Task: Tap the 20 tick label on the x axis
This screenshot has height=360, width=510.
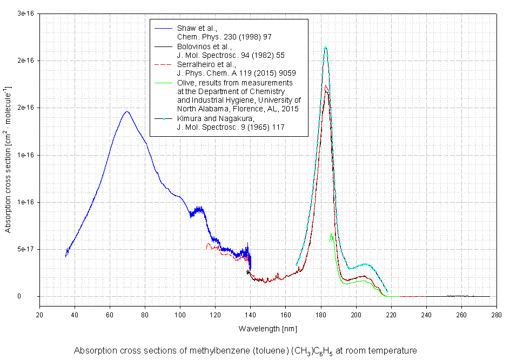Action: coord(39,315)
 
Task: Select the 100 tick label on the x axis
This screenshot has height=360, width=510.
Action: coord(180,315)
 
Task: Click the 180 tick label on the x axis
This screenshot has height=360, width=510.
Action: coord(321,315)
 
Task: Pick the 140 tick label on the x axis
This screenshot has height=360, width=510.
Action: coord(251,315)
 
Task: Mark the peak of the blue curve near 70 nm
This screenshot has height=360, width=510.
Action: coord(127,112)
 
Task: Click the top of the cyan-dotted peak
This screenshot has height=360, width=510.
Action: coord(325,48)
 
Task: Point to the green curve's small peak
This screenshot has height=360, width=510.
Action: coord(331,234)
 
